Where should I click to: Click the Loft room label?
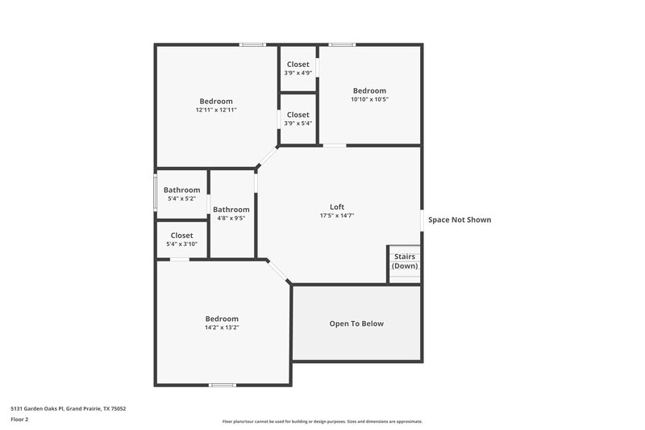click(x=337, y=206)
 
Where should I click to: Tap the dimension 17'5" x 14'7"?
click(x=337, y=215)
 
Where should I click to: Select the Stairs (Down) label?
click(x=405, y=261)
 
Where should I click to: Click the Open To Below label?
click(x=356, y=324)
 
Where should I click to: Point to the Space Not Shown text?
click(x=459, y=219)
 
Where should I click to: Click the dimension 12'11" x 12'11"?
click(x=216, y=110)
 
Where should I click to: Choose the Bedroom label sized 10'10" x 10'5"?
click(x=369, y=90)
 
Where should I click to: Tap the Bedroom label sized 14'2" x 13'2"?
click(x=222, y=318)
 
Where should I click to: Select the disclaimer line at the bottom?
click(x=322, y=421)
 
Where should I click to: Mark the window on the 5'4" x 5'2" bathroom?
click(x=156, y=193)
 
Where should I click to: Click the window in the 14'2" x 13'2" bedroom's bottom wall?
click(x=222, y=385)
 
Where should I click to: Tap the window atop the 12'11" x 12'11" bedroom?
click(x=253, y=44)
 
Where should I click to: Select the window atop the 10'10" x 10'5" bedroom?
click(x=342, y=44)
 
